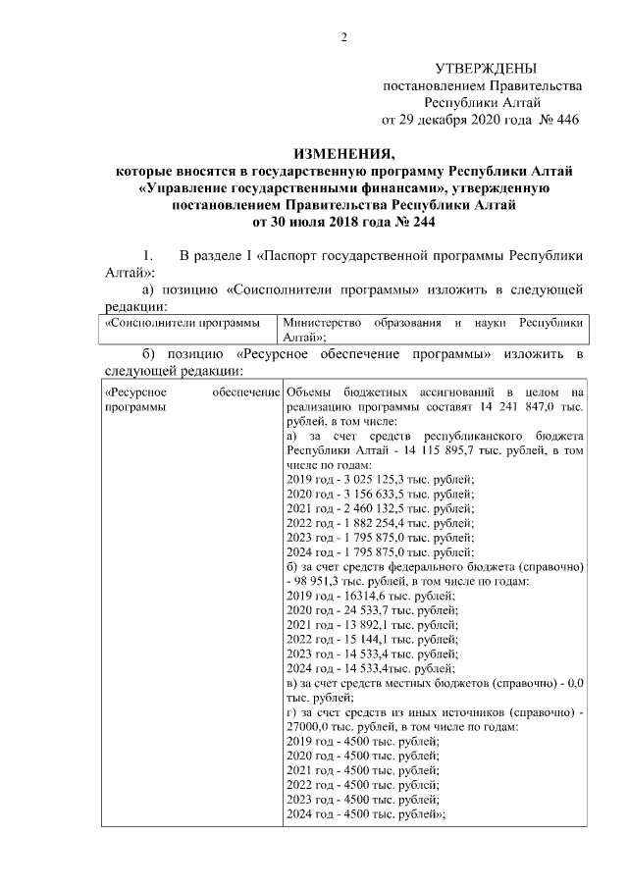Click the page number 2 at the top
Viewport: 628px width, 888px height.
point(343,38)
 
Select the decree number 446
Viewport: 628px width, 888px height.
point(568,120)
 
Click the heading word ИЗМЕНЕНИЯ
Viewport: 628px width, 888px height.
point(343,155)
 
